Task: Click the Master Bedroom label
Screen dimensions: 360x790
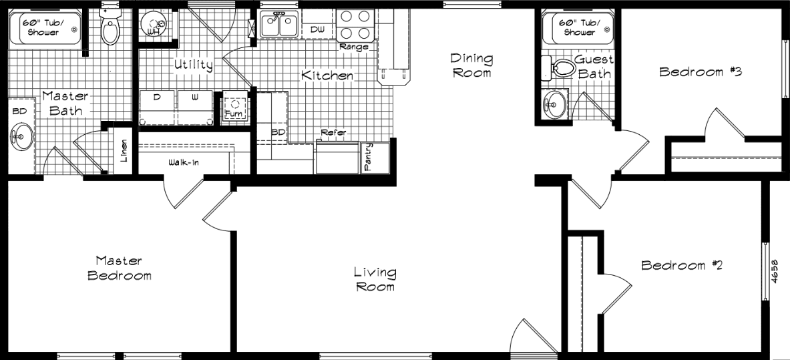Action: tap(120, 268)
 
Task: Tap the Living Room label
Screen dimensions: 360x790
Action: tap(375, 279)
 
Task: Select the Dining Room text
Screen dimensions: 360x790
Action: tap(471, 65)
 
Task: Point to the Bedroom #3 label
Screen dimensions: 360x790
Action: tap(701, 71)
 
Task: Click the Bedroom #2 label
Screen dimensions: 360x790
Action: tap(682, 265)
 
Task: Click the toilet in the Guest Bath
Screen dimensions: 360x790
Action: tap(560, 67)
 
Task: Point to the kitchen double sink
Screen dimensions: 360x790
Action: tap(279, 25)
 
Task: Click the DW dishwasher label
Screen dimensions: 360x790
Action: tap(318, 29)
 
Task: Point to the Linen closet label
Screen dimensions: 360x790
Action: tap(124, 154)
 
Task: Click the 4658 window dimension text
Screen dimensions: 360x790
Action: tap(775, 273)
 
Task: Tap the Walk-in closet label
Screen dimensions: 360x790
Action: tap(182, 162)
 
